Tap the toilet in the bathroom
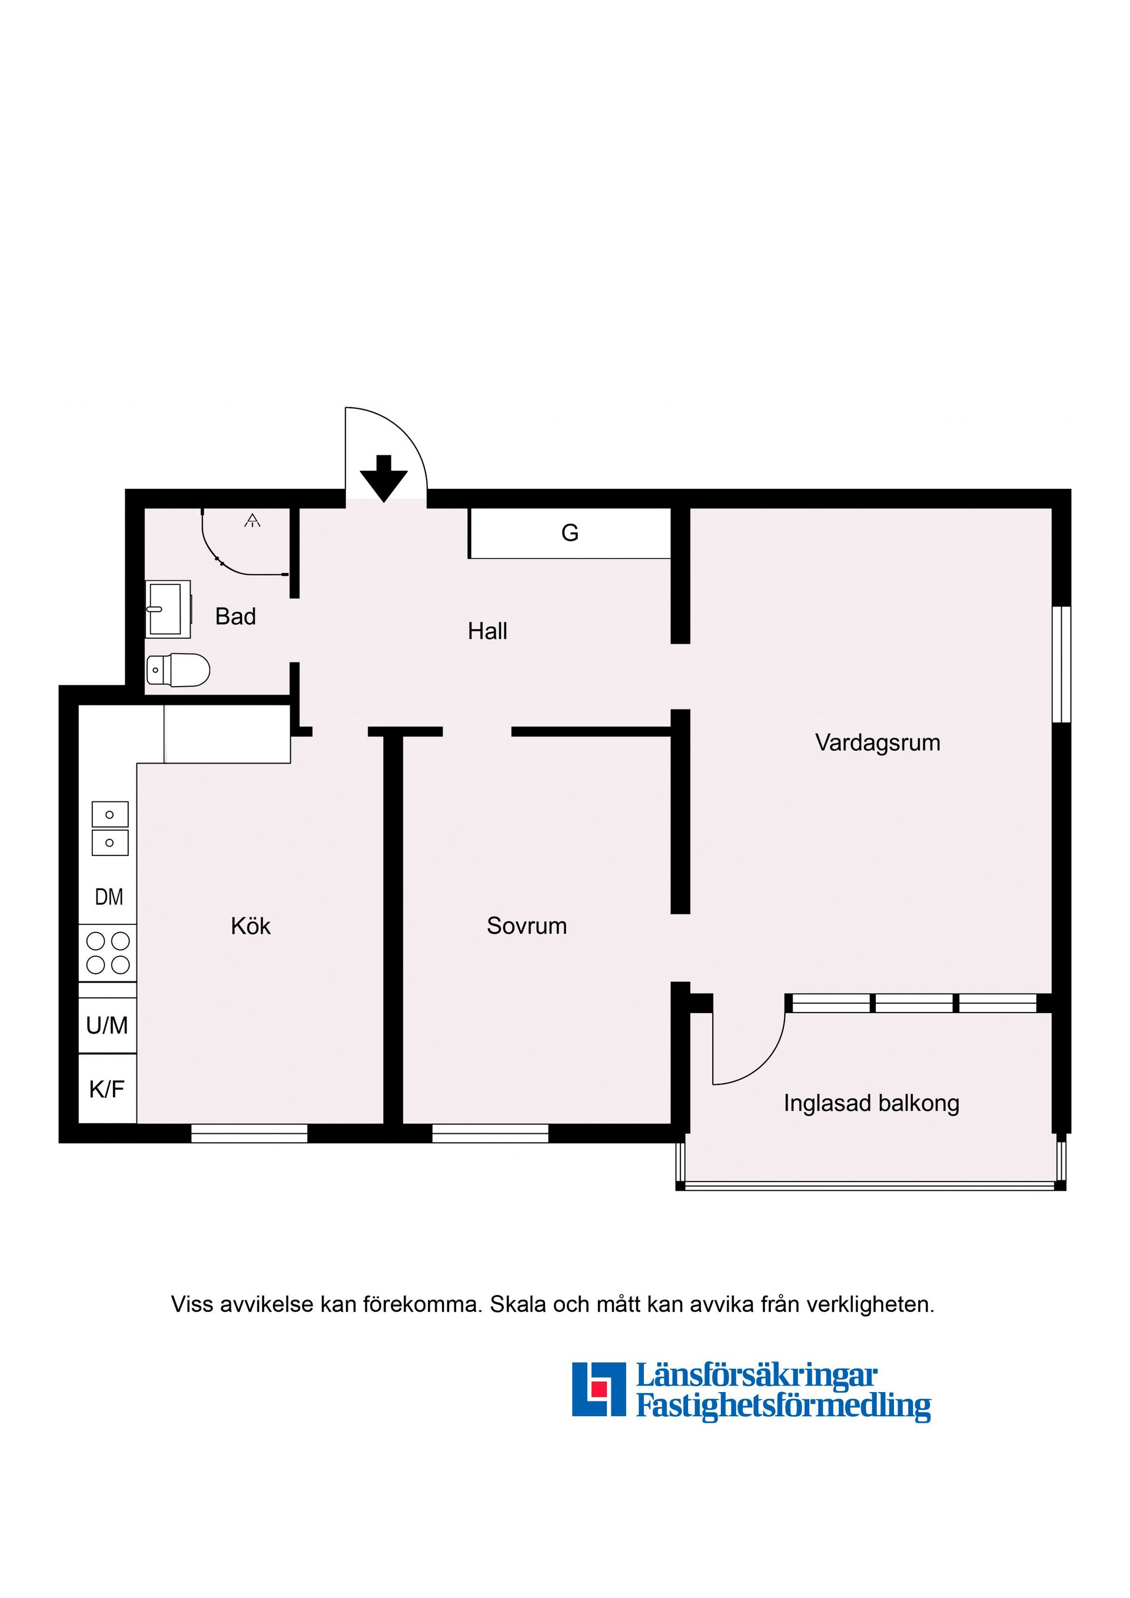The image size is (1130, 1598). pyautogui.click(x=179, y=670)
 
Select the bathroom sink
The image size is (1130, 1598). pyautogui.click(x=168, y=610)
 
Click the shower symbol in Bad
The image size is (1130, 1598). pyautogui.click(x=252, y=520)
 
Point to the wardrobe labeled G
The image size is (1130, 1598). pyautogui.click(x=570, y=533)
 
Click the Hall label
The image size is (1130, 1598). pyautogui.click(x=487, y=631)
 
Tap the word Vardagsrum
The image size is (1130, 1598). pyautogui.click(x=878, y=743)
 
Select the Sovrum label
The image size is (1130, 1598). pyautogui.click(x=526, y=925)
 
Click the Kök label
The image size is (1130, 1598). pyautogui.click(x=251, y=925)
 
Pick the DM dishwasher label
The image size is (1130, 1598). pyautogui.click(x=109, y=897)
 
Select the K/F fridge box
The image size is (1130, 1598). pyautogui.click(x=107, y=1088)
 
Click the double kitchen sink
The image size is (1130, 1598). pyautogui.click(x=110, y=828)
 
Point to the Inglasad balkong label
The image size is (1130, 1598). pyautogui.click(x=871, y=1103)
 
